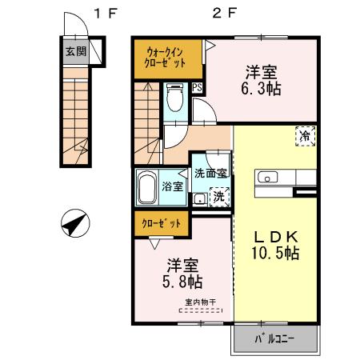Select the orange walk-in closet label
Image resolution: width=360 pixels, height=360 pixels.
[166, 57]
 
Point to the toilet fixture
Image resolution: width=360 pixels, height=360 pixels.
[175, 101]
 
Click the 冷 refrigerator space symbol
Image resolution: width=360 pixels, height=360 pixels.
[306, 136]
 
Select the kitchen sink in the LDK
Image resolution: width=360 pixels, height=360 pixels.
[267, 177]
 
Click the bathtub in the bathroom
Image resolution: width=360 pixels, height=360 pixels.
[146, 187]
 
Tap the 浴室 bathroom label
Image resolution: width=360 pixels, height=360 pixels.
[172, 186]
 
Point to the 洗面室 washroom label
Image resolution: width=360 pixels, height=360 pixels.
[210, 173]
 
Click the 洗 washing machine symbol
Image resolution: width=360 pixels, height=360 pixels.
[218, 197]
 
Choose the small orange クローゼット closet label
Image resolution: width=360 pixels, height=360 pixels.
[162, 223]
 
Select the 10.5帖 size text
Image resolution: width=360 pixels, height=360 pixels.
[276, 254]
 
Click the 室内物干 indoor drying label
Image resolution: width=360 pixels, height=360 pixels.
[199, 302]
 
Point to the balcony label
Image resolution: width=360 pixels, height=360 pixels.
[275, 338]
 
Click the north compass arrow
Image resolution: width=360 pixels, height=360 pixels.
[74, 223]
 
